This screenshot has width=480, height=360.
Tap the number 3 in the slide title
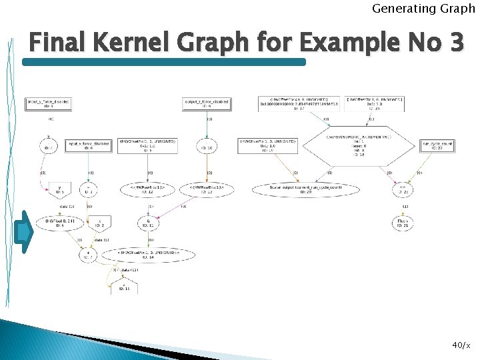(x=456, y=44)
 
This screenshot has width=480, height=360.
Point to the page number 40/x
(x=461, y=345)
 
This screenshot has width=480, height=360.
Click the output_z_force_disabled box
(x=206, y=103)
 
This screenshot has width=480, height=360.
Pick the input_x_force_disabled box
(x=88, y=146)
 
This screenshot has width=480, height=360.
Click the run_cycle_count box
(x=437, y=146)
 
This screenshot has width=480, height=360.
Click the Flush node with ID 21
(x=403, y=223)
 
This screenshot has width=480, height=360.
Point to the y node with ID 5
(x=61, y=190)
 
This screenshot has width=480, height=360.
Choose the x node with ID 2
(x=99, y=223)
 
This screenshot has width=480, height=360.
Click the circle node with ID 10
(x=206, y=146)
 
